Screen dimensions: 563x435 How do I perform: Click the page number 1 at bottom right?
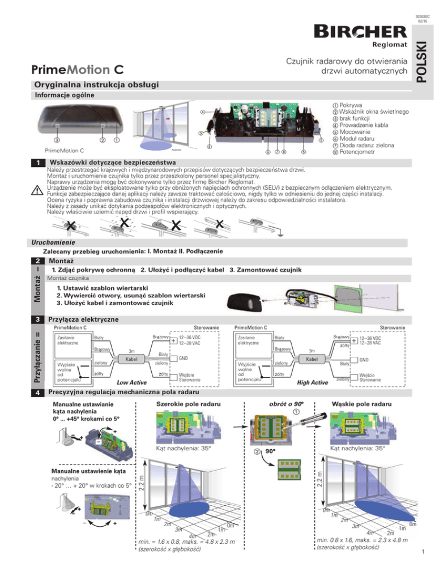[x=423, y=552]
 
